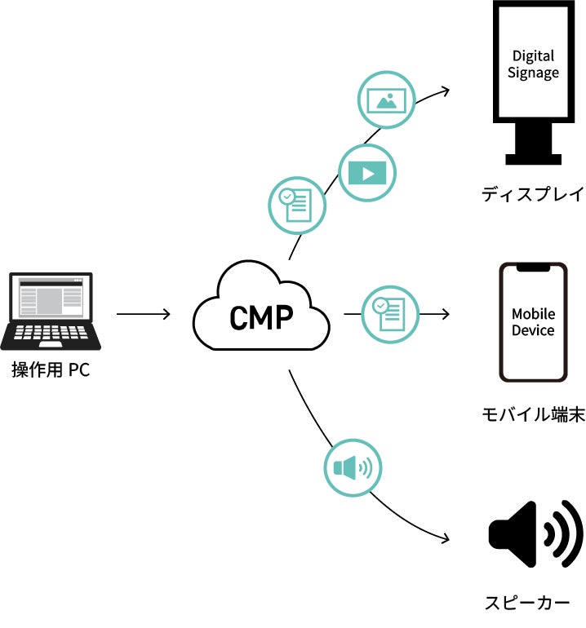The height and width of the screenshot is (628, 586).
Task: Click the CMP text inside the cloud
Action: [261, 317]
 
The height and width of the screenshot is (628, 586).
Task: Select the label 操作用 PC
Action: [51, 371]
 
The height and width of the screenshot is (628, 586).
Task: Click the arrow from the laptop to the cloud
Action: [143, 314]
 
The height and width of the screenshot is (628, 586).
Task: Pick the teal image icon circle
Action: [386, 100]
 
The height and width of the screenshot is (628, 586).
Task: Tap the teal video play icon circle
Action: [366, 173]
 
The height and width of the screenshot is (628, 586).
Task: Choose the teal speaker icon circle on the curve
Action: [353, 468]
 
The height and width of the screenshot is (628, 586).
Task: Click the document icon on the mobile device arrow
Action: [390, 314]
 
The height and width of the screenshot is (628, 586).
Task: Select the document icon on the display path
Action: [297, 204]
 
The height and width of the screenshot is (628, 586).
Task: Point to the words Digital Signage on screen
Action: [535, 64]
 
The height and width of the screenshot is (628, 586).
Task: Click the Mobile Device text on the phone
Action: [533, 322]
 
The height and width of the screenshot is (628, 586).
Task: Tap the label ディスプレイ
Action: [533, 195]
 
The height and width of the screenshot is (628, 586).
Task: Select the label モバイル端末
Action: [533, 414]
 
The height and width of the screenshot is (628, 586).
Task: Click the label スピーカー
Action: [527, 604]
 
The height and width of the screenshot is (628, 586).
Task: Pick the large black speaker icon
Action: [535, 535]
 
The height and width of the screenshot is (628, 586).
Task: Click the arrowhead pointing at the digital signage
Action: [445, 91]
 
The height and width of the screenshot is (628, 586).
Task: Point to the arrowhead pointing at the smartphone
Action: [446, 314]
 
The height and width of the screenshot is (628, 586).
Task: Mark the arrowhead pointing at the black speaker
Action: [445, 539]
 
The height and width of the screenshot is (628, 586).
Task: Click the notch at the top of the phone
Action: [533, 268]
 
